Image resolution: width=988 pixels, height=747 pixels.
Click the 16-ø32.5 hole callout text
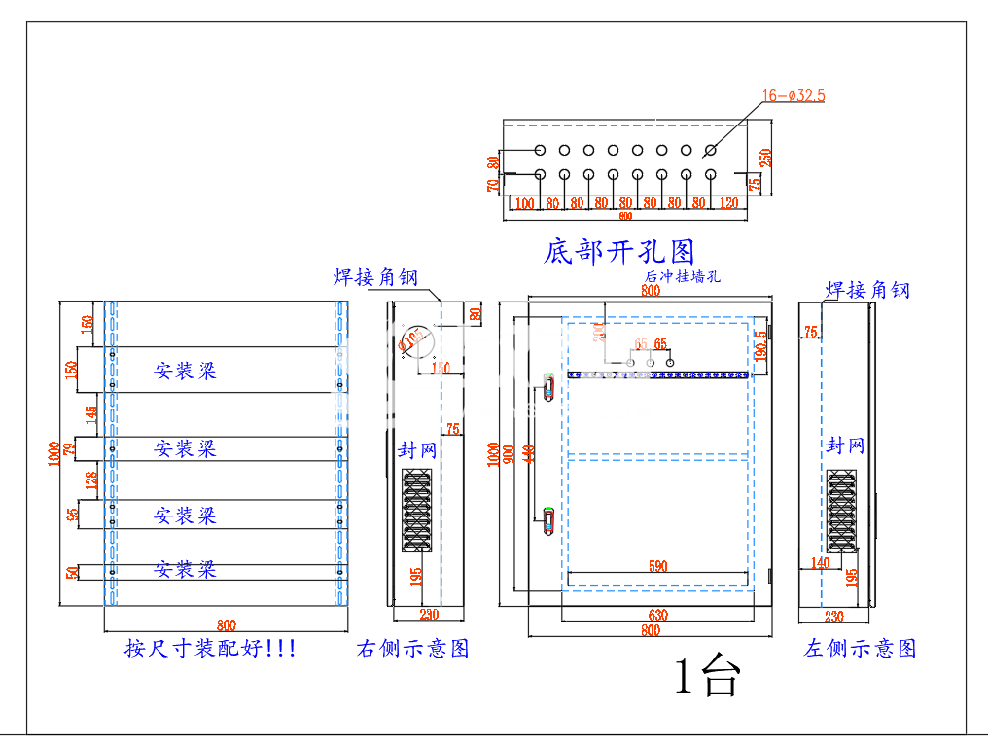pos(794,95)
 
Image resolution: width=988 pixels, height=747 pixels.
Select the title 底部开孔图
pos(618,253)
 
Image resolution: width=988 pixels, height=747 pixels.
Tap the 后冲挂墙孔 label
pos(681,277)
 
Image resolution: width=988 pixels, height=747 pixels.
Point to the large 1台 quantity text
pos(707,675)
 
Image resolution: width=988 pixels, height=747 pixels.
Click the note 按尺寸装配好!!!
pos(211,648)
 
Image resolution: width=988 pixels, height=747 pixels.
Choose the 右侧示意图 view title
pos(413,648)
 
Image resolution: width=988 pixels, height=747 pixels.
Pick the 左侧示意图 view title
pos(860,648)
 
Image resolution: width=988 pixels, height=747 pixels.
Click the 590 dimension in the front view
pos(658,564)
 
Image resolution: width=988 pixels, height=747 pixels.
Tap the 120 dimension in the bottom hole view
pos(728,203)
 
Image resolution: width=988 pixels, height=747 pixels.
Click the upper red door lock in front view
pos(547,386)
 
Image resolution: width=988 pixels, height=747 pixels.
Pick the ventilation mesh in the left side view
pos(841,510)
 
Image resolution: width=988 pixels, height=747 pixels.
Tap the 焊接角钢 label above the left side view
pos(866,290)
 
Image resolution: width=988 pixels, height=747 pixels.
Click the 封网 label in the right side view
pos(417,450)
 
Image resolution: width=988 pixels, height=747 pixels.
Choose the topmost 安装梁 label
pos(185,371)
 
